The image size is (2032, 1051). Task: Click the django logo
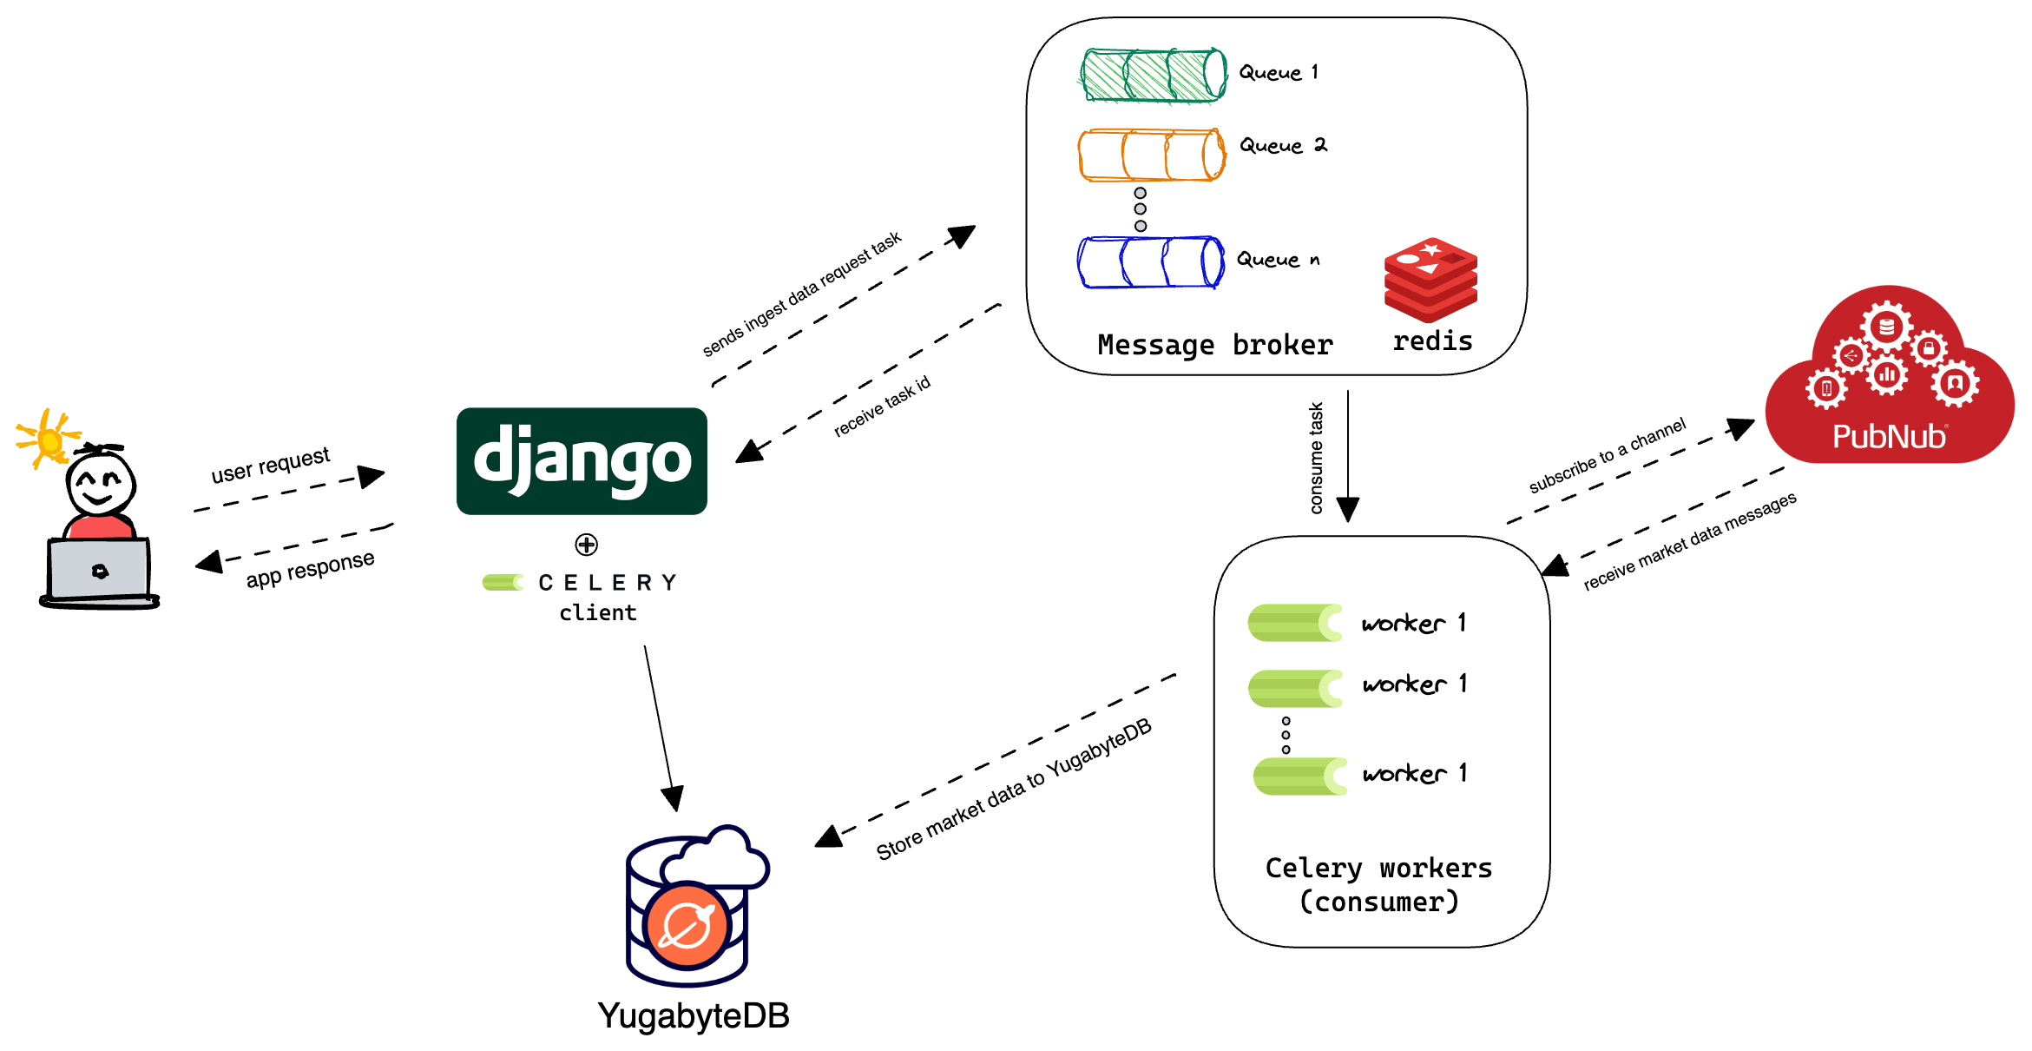click(582, 460)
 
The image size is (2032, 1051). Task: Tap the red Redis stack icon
click(1430, 280)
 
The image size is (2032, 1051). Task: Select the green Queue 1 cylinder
click(1153, 76)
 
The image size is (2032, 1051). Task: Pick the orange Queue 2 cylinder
click(1151, 155)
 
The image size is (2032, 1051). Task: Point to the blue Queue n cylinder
click(1150, 261)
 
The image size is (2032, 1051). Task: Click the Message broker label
click(1214, 345)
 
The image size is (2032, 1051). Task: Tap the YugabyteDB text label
click(693, 1015)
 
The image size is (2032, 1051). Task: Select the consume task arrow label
click(1316, 458)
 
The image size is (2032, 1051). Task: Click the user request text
click(270, 465)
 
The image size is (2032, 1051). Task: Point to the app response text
click(310, 569)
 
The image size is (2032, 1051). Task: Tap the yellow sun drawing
click(48, 439)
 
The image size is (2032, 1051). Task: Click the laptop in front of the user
click(99, 572)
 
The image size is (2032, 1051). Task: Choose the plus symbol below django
click(587, 545)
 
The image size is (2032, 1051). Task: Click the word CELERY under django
click(607, 582)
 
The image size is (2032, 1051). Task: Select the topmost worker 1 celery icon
click(1294, 623)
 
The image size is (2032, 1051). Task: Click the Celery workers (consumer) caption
click(1378, 884)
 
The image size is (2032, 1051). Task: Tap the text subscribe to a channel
click(1607, 456)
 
